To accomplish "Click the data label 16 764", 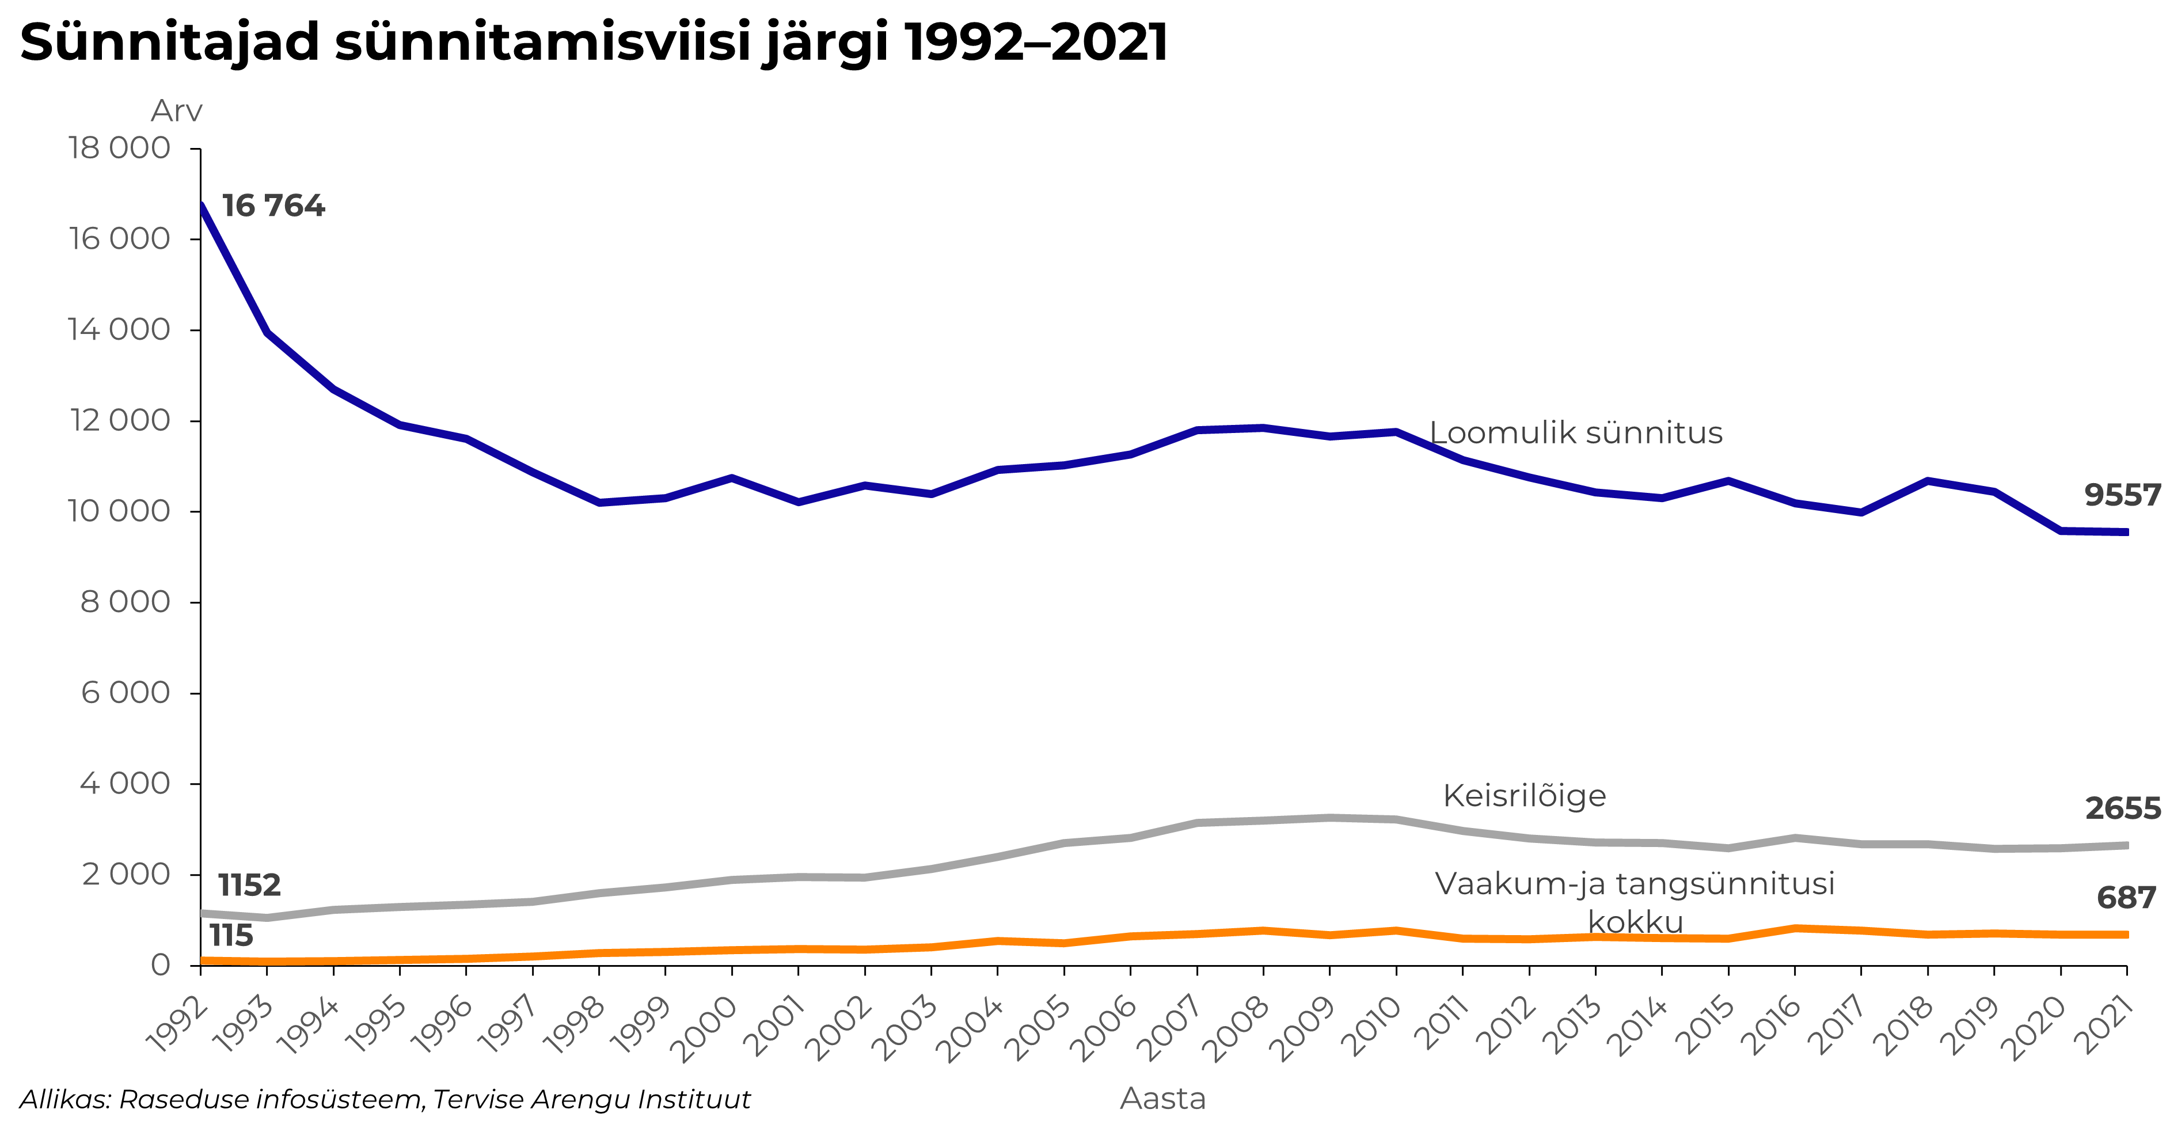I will click(273, 206).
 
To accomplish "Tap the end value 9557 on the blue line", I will click(2122, 495).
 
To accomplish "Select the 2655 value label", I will click(2122, 809).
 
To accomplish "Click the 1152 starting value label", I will click(249, 886).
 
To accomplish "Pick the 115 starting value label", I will click(231, 936).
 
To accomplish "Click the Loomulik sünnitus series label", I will click(1576, 433).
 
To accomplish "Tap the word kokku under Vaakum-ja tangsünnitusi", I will click(1635, 922).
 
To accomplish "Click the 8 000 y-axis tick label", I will click(126, 602).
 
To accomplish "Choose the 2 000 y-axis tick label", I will click(126, 875).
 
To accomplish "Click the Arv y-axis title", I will click(177, 111).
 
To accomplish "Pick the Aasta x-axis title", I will click(1162, 1099).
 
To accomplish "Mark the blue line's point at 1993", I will click(267, 332).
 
